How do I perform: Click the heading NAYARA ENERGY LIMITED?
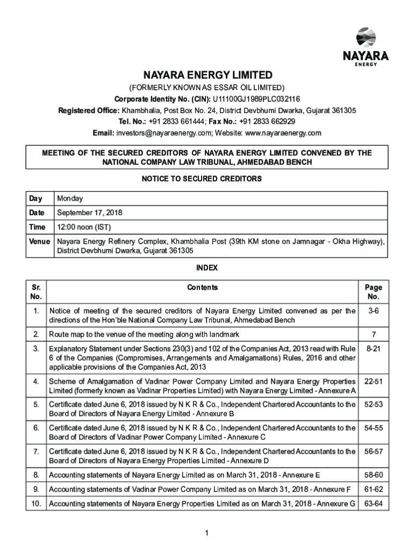pyautogui.click(x=208, y=75)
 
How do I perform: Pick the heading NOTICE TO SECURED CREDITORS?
pyautogui.click(x=207, y=179)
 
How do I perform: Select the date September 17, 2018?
pyautogui.click(x=90, y=213)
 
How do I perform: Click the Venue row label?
pyautogui.click(x=40, y=241)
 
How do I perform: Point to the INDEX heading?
pyautogui.click(x=207, y=267)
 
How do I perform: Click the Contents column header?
pyautogui.click(x=203, y=287)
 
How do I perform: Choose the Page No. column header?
pyautogui.click(x=373, y=292)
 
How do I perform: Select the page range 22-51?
pyautogui.click(x=373, y=382)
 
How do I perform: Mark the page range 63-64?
pyautogui.click(x=373, y=504)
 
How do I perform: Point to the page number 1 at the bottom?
pyautogui.click(x=207, y=533)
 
